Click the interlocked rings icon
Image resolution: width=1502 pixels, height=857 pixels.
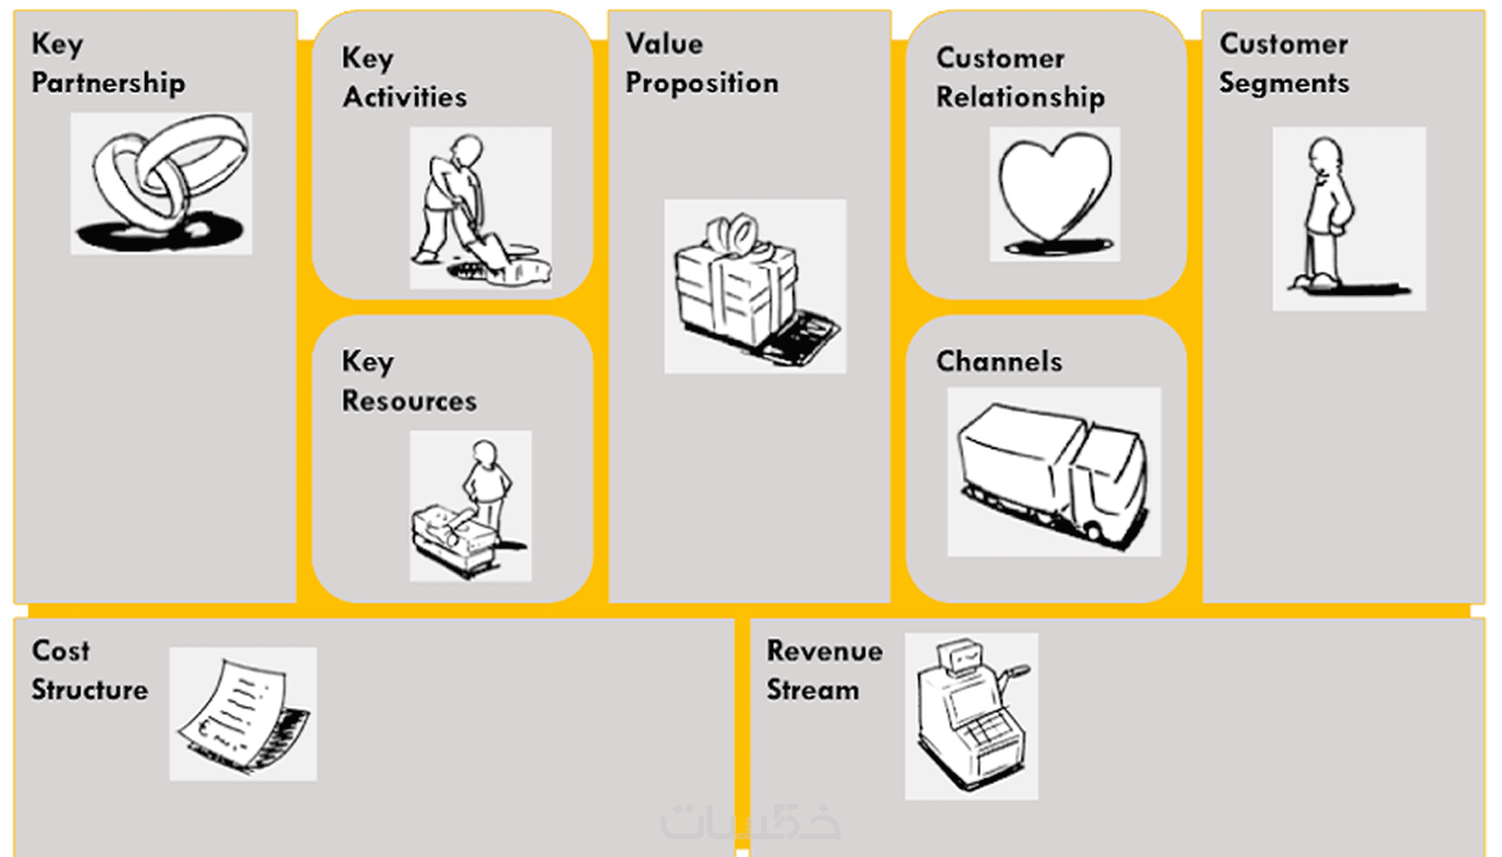point(161,183)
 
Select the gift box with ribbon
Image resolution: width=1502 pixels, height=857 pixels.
point(755,286)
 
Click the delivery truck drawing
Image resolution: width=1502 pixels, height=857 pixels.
point(1054,472)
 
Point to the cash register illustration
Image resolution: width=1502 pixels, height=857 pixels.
point(972,717)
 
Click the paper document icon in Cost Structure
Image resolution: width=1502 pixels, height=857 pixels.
point(243,714)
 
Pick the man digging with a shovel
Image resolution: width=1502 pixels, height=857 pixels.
point(481,208)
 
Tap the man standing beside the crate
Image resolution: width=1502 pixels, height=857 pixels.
point(471,506)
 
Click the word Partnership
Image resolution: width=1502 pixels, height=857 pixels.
point(109,84)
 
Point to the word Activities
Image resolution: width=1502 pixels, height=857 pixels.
point(405,96)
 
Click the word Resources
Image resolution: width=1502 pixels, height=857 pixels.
point(410,401)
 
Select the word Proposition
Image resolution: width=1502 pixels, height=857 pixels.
point(702,84)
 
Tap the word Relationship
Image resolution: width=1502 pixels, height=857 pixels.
point(1020,98)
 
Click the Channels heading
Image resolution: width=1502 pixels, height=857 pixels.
point(999,361)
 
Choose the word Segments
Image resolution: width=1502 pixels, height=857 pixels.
point(1284,84)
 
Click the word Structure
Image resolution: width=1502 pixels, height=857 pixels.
point(90,689)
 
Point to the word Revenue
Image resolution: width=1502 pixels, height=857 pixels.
point(824,651)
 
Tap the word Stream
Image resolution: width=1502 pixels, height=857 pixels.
point(813,690)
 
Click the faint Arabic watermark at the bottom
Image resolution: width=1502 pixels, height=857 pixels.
point(750,822)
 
